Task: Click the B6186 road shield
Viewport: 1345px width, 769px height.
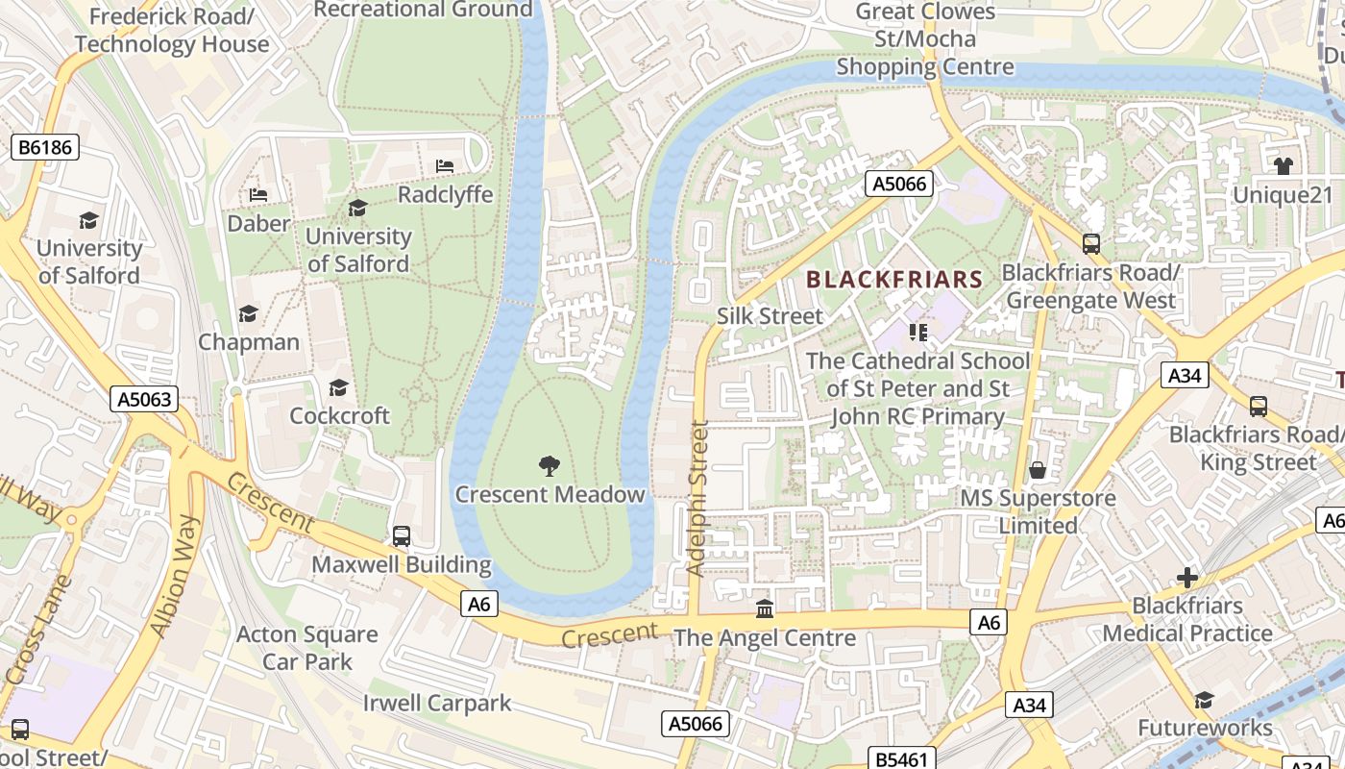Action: pos(44,147)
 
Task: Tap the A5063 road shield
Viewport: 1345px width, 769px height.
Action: pos(144,399)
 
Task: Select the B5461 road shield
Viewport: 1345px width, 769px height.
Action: pos(902,758)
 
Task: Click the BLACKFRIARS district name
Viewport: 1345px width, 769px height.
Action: pos(894,280)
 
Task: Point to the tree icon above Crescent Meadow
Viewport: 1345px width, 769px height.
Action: pos(550,466)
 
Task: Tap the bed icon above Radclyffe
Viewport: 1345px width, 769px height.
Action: pos(445,166)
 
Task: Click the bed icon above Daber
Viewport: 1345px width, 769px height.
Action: pos(258,195)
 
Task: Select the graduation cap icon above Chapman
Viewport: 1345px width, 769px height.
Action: pos(249,314)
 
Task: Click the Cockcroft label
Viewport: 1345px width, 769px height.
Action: pos(340,416)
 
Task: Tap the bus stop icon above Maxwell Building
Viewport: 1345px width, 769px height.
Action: pos(402,535)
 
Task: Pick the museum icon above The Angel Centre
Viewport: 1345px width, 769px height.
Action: pos(765,609)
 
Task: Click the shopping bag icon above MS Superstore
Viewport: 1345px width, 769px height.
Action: pos(1038,470)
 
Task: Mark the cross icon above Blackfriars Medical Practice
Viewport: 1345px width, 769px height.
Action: pos(1187,578)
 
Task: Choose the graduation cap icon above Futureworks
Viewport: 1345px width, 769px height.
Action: pos(1204,700)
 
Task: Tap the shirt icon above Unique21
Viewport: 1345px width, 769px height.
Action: pos(1283,166)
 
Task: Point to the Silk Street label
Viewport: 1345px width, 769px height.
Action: pos(770,316)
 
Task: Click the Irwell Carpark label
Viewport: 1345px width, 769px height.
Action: pos(437,703)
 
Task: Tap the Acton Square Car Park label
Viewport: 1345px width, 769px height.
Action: pos(307,648)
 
